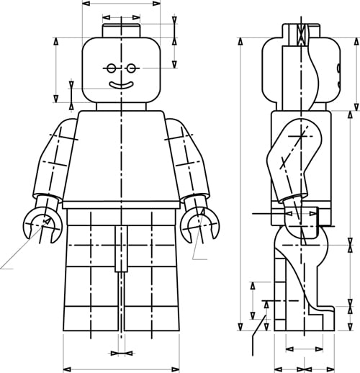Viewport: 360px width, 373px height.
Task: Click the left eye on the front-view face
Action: [110, 68]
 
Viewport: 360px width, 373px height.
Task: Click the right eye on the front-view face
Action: [132, 68]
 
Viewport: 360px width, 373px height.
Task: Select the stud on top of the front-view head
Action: [121, 30]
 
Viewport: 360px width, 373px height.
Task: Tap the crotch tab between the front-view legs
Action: [120, 248]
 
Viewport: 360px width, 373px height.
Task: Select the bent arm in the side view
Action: [288, 158]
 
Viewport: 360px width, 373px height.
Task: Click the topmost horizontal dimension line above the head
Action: [121, 4]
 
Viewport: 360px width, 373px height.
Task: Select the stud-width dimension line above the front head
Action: [121, 17]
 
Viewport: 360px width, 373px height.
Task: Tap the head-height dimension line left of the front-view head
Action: [55, 68]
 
